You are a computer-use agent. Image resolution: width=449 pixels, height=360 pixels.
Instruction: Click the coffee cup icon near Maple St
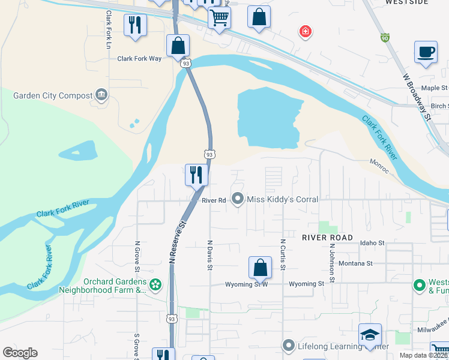426,52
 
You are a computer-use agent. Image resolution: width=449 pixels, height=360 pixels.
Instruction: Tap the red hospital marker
306,31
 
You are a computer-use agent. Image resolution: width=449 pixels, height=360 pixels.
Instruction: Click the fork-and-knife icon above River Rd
196,175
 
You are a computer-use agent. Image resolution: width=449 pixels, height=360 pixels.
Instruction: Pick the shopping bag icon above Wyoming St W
260,268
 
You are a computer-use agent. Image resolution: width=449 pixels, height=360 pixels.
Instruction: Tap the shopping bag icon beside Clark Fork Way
178,46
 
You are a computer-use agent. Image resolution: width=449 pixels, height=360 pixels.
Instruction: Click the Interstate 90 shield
384,38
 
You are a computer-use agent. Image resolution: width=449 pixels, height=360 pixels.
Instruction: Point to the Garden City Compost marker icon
101,95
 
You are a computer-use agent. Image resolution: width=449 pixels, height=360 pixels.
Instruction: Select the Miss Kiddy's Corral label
282,199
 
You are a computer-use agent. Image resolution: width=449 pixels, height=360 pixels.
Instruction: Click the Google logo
20,353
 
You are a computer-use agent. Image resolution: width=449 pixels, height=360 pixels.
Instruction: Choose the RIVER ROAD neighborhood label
327,238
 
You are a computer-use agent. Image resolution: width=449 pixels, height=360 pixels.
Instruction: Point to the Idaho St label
372,242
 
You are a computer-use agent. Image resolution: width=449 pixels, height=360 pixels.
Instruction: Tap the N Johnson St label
331,263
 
